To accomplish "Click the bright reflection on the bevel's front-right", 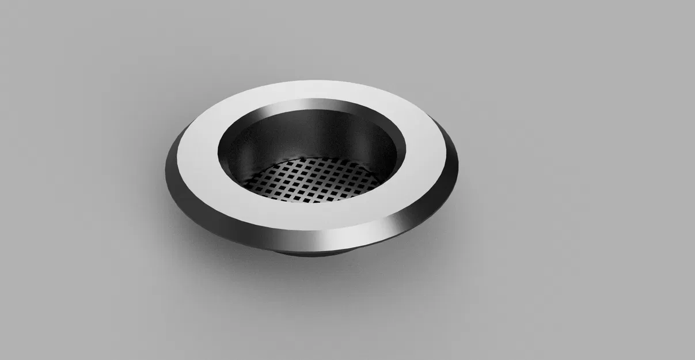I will point(397,222).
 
